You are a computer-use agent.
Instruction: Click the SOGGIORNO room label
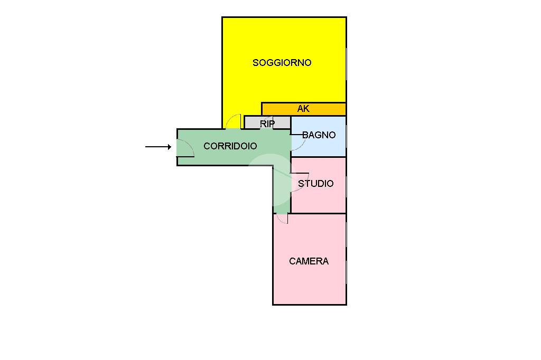(x=282, y=63)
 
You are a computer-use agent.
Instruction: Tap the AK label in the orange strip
(x=303, y=109)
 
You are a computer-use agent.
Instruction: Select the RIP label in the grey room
(x=267, y=124)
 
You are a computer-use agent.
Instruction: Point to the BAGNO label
(x=319, y=135)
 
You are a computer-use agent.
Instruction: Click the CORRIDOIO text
(x=230, y=146)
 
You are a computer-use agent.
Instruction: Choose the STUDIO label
(x=316, y=184)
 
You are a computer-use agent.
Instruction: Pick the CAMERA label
(x=309, y=261)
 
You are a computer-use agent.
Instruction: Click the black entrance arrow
(x=158, y=147)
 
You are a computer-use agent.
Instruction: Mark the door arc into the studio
(x=299, y=182)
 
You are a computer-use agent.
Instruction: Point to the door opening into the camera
(x=282, y=218)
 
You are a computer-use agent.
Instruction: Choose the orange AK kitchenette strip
(x=328, y=109)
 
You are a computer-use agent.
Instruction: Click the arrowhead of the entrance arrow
(x=169, y=147)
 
